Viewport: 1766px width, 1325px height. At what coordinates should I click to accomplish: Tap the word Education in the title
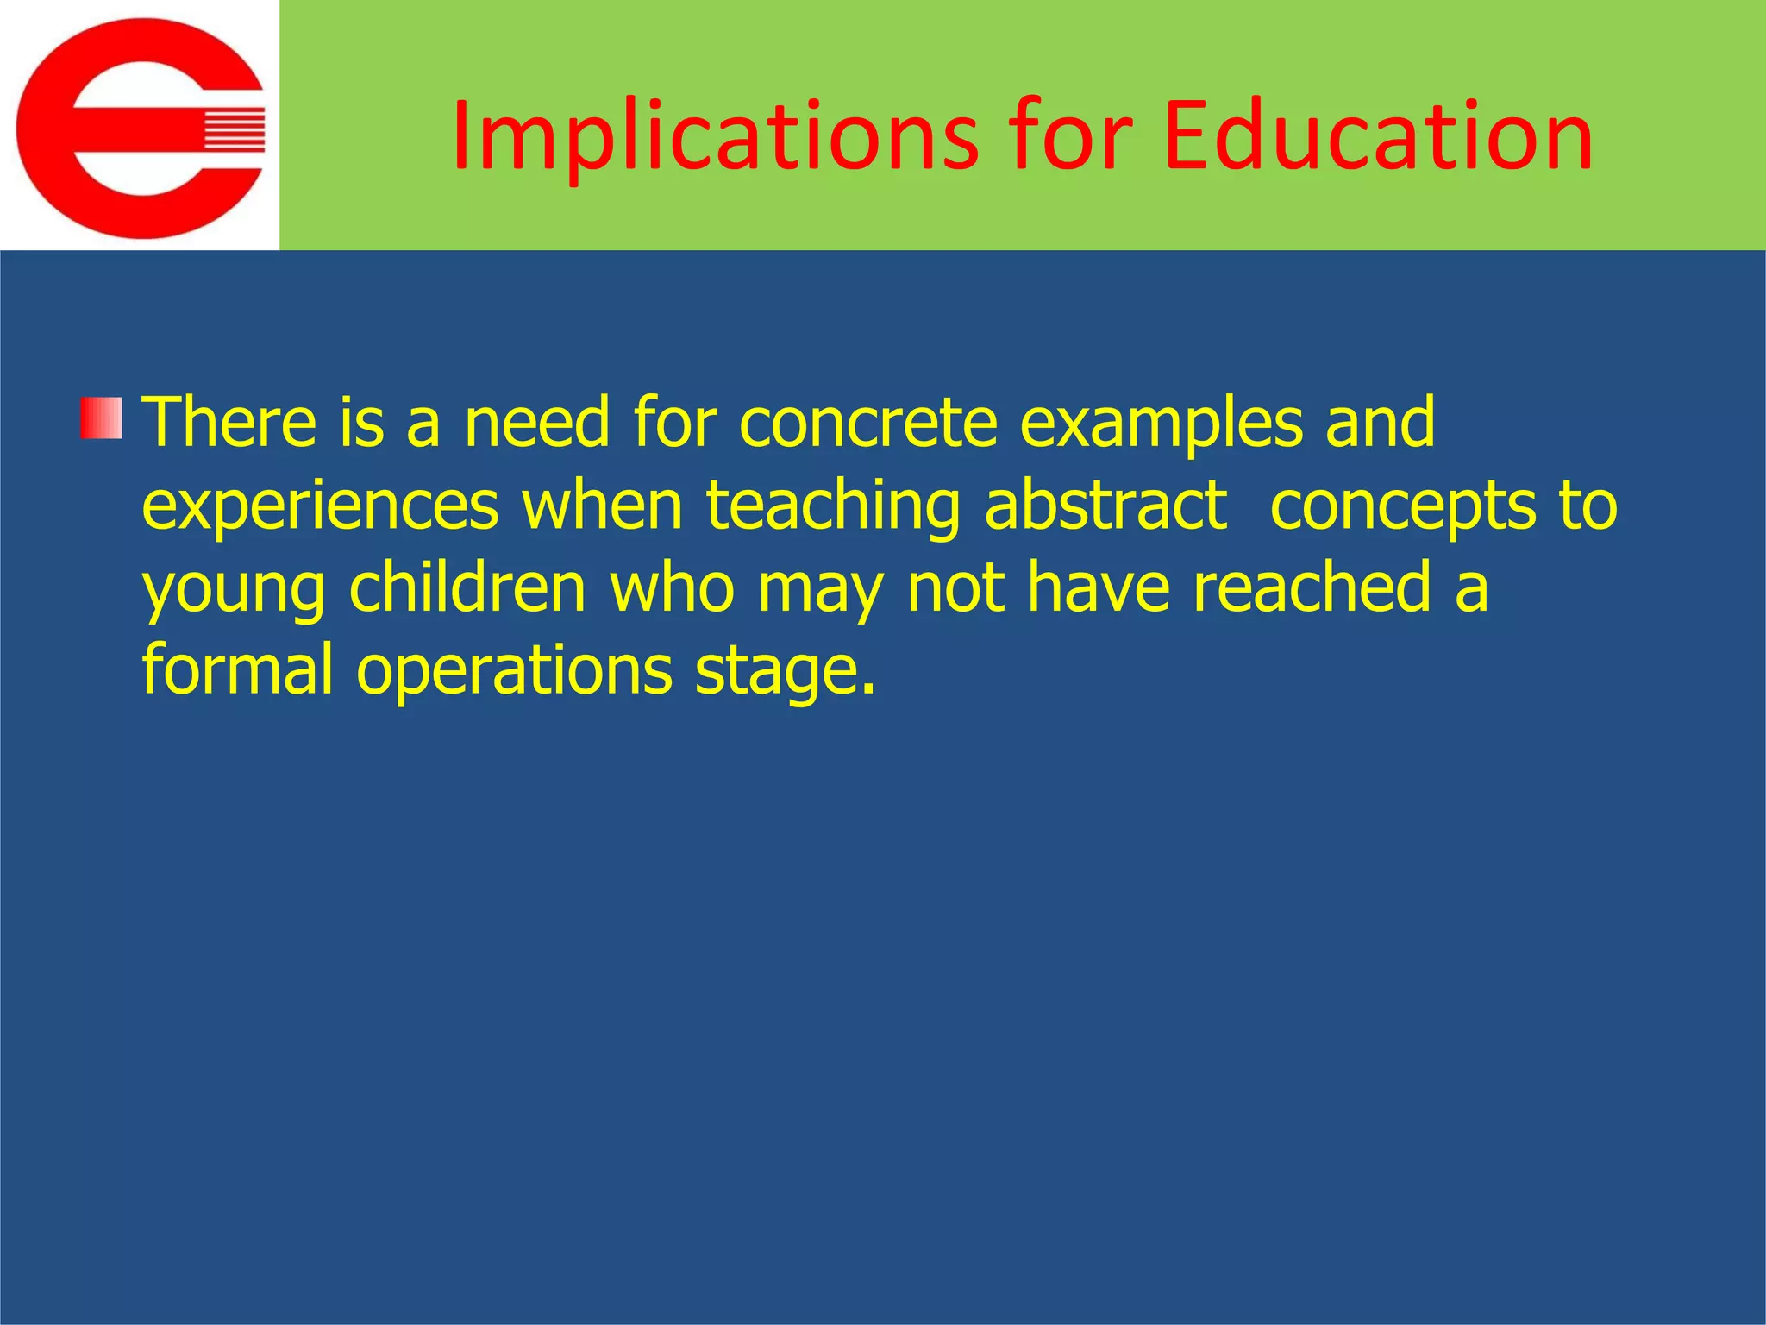click(x=1377, y=136)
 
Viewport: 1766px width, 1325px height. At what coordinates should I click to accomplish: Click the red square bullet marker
click(x=101, y=418)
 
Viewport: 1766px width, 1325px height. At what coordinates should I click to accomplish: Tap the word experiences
click(x=320, y=507)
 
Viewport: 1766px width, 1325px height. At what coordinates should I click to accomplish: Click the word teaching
click(x=833, y=507)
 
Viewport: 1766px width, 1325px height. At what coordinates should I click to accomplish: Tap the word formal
click(x=237, y=669)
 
